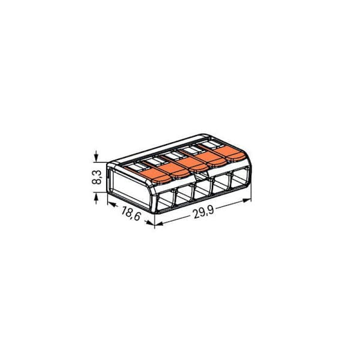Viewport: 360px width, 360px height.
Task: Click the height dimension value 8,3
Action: click(x=97, y=177)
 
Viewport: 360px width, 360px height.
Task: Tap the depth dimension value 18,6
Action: click(x=131, y=214)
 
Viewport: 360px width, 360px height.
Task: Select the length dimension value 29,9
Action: click(x=203, y=212)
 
